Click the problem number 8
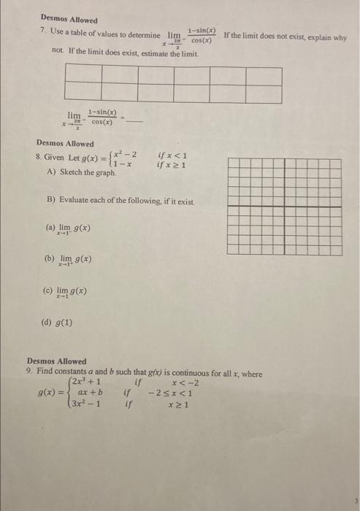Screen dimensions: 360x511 tap(38, 157)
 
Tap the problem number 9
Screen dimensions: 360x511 tap(29, 374)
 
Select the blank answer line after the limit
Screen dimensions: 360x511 tap(136, 120)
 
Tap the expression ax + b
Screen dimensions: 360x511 tap(90, 392)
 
